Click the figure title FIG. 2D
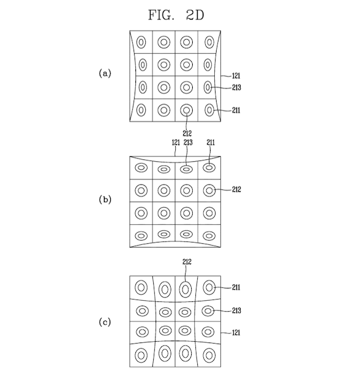point(176,15)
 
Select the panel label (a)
point(105,73)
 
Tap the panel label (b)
point(105,200)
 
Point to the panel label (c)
point(105,322)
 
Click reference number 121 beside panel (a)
point(236,76)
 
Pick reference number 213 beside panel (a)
point(236,88)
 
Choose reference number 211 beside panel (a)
point(236,110)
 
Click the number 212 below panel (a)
point(187,134)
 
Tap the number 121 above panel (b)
point(176,143)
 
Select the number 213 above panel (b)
point(188,143)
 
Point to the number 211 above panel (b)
point(211,143)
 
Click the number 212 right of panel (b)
point(236,189)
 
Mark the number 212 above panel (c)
point(187,262)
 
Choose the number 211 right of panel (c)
point(236,287)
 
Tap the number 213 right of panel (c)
point(236,311)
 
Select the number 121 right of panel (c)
point(236,333)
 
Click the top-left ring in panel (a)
point(137,42)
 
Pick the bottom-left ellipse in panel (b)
point(135,236)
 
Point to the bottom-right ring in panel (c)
point(203,355)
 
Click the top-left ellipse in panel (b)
point(135,167)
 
